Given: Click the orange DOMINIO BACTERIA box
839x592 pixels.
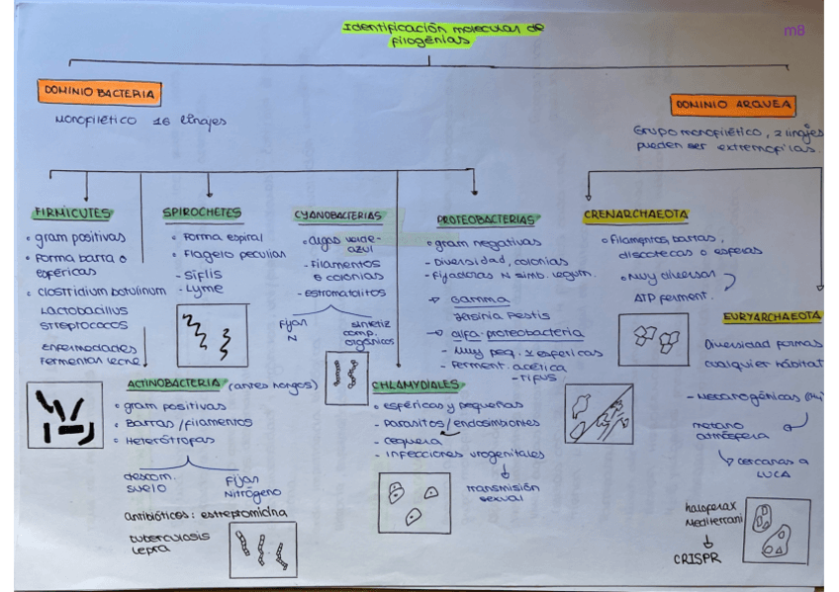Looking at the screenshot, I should tap(99, 93).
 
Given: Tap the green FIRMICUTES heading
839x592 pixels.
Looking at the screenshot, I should tap(71, 212).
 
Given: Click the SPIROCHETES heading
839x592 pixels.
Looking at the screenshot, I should tap(202, 212).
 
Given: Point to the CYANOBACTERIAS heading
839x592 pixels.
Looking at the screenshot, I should tap(337, 214).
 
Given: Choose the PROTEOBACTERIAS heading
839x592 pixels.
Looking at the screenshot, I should tap(489, 219).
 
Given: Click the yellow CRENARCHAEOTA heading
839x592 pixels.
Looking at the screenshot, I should tap(636, 214).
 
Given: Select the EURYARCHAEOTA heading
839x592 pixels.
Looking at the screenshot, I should tap(772, 317).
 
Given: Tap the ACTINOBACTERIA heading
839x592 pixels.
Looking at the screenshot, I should tap(174, 384).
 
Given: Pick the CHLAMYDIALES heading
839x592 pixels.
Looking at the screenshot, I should tap(416, 384).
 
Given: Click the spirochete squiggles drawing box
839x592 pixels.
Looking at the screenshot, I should tap(212, 336).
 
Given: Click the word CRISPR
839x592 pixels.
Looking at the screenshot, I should tap(698, 558).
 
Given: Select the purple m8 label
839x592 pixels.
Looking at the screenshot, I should tap(793, 31).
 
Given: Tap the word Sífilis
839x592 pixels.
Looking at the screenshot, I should tap(203, 274).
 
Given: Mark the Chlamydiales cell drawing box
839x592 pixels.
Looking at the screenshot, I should tap(414, 503).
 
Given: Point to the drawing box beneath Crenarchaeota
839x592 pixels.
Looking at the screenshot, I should tap(653, 339).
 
